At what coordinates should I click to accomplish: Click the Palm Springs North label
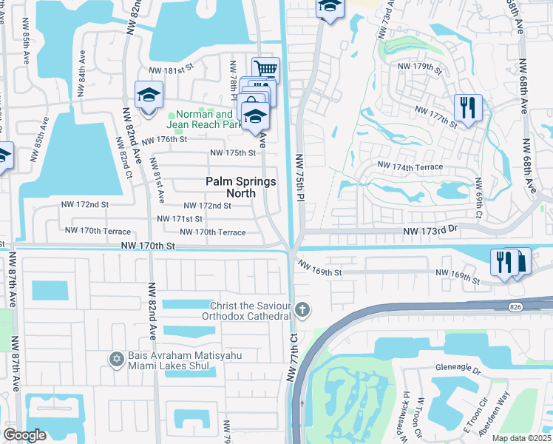click(x=240, y=187)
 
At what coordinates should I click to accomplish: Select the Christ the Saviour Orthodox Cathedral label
click(x=250, y=311)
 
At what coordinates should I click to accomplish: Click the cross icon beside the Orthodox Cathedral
click(x=302, y=309)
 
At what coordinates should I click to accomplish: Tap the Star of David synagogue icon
click(x=115, y=360)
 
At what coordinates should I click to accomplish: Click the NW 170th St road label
click(x=148, y=245)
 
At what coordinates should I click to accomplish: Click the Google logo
click(x=24, y=434)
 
